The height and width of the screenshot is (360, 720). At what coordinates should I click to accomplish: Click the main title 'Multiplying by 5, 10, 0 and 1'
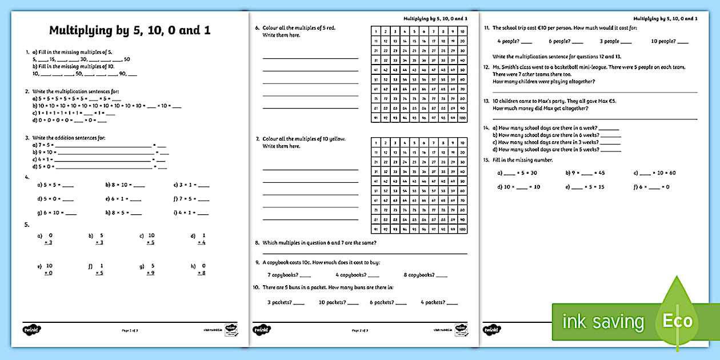coord(130,30)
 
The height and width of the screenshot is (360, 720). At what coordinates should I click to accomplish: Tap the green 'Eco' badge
coord(677,321)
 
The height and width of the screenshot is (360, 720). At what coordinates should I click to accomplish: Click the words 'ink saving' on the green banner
coord(603,322)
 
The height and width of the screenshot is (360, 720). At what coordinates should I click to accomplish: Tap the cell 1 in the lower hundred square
coord(376,143)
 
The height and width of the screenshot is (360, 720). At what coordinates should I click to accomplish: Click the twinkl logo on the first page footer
coord(32,329)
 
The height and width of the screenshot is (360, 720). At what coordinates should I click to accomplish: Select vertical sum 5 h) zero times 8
coord(203,269)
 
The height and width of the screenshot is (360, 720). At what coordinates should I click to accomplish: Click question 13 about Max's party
coord(551,105)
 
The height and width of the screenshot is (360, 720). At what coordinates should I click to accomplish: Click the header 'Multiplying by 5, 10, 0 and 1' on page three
coord(664,19)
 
